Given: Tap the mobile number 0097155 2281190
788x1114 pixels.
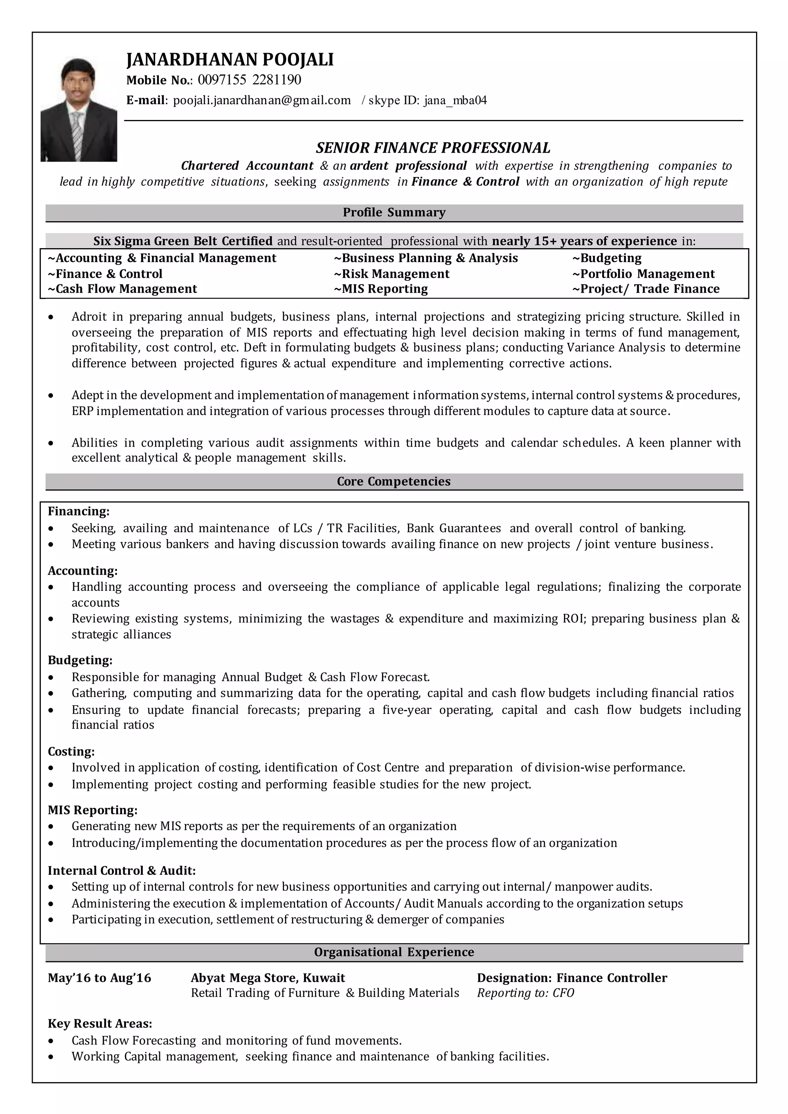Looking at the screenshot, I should (x=249, y=80).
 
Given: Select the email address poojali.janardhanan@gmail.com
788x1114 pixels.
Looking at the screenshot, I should (x=262, y=100).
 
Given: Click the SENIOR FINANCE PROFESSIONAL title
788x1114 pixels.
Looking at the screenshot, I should (x=433, y=147).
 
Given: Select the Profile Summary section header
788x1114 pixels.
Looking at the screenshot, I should (x=394, y=212).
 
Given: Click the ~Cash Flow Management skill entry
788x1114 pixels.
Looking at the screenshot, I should (x=122, y=289).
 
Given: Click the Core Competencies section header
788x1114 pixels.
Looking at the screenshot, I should (x=394, y=481).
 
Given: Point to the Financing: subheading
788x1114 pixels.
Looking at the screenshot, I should (x=78, y=511).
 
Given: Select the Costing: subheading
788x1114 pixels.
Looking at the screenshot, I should (x=71, y=752).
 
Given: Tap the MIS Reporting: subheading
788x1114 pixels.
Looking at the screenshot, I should (x=93, y=810).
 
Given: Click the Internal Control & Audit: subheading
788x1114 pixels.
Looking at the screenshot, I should (x=122, y=871).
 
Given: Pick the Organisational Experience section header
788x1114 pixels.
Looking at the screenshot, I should (x=394, y=952).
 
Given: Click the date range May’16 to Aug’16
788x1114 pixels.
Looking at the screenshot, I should (x=100, y=978).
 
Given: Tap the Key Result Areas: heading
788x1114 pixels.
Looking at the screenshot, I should (x=100, y=1024).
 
